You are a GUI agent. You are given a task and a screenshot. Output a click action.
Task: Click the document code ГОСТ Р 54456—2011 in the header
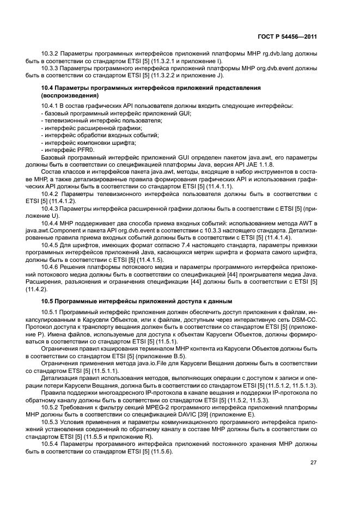287,36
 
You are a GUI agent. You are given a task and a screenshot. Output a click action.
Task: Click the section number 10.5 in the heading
48,301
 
